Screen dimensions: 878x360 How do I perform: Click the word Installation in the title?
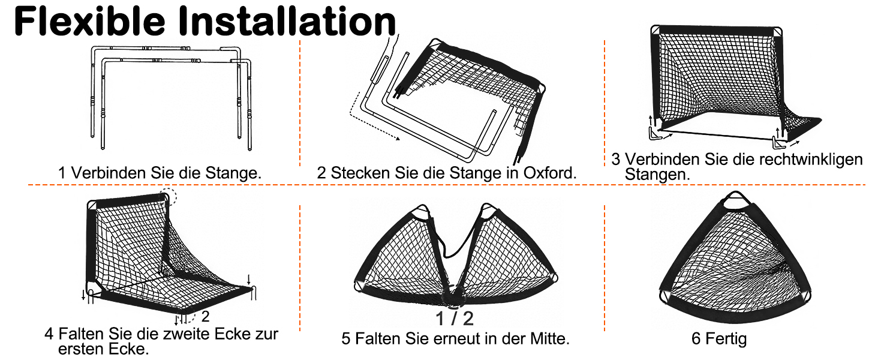click(x=287, y=22)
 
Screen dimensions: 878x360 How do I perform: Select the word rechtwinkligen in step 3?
click(x=811, y=159)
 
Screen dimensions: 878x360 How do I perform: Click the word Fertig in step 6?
click(x=726, y=339)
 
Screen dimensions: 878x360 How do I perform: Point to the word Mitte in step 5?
click(x=549, y=338)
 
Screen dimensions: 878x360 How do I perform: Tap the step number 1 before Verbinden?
click(x=62, y=173)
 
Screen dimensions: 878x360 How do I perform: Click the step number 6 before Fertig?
click(x=696, y=339)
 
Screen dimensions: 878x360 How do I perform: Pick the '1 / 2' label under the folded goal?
click(x=455, y=319)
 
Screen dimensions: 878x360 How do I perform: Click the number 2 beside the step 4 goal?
click(x=205, y=316)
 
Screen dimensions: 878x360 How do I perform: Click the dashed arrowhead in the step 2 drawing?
click(x=397, y=138)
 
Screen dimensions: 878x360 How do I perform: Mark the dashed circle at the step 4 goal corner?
click(x=168, y=197)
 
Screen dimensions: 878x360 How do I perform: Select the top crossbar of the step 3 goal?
click(x=715, y=30)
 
